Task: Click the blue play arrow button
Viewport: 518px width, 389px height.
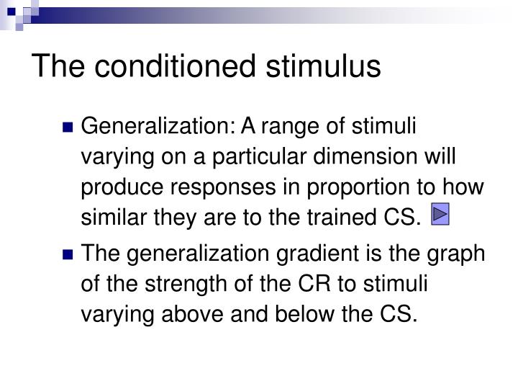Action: (x=440, y=214)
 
